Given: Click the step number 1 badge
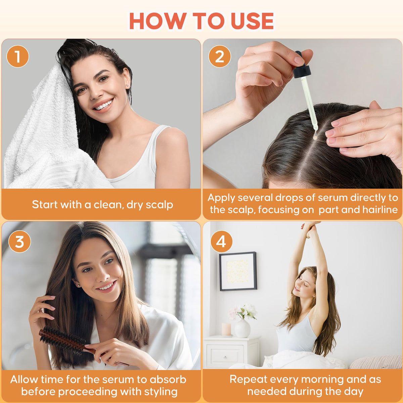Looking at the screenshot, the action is click(x=17, y=56).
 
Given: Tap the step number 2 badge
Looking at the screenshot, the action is click(x=220, y=56).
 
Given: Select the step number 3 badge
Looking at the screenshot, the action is click(x=19, y=241).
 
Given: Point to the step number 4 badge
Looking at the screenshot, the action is click(x=221, y=241).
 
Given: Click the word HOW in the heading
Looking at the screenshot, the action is click(x=157, y=21).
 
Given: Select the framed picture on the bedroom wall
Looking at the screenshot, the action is click(x=238, y=271).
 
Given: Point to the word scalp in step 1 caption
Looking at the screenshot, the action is click(x=159, y=205).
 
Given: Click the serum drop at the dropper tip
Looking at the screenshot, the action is click(x=314, y=137).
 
